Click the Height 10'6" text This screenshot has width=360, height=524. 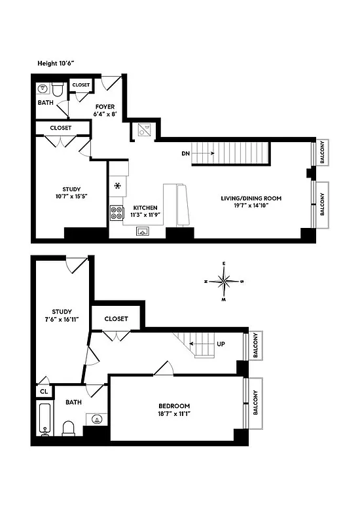coord(56,64)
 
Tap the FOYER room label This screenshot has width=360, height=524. coord(105,105)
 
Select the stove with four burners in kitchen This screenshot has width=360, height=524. coord(117,212)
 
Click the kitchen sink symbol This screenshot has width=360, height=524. coord(143,231)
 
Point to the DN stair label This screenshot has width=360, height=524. coord(187,154)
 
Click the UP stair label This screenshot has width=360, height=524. coord(221,343)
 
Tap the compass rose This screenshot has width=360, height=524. coord(225,282)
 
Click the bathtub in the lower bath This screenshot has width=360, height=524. coord(45,420)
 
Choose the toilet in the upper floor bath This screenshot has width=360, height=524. coord(57,88)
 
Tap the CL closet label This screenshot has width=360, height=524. coord(44,392)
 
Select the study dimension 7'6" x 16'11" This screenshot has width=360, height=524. coord(62,320)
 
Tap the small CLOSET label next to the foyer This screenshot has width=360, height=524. coord(81,85)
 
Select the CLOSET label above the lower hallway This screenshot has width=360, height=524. coord(116,319)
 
